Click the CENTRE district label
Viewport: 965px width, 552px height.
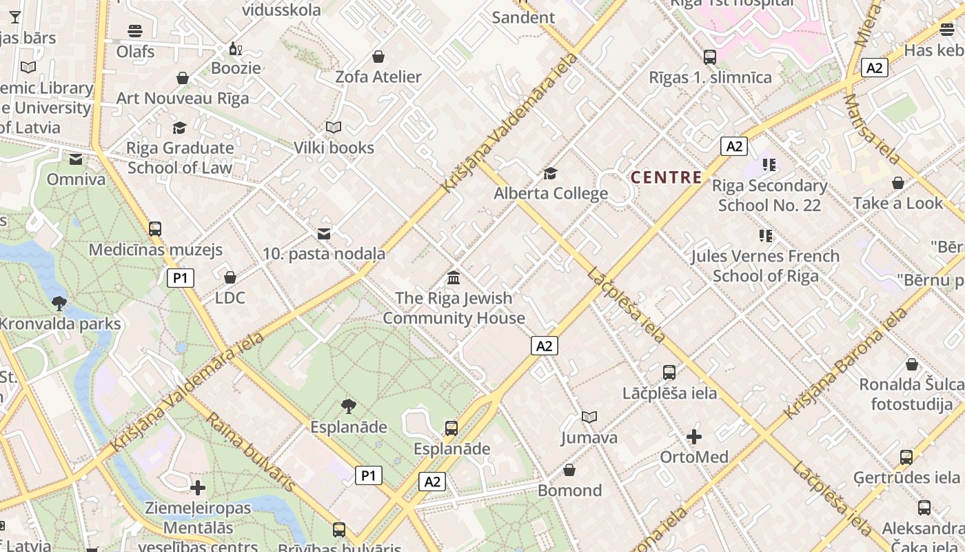(667, 177)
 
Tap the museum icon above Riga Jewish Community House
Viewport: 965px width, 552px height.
(454, 278)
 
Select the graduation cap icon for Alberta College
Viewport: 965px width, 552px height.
(550, 172)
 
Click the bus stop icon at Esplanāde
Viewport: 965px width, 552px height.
(451, 428)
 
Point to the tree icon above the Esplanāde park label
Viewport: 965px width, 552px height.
(349, 406)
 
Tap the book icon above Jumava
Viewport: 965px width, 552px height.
(589, 417)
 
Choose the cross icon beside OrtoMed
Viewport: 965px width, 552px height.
(694, 437)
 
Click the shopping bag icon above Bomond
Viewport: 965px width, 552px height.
(569, 471)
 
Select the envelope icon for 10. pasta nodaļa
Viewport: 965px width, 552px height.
(323, 234)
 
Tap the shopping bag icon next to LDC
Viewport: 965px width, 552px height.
(230, 277)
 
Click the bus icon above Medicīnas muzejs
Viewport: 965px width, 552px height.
(155, 228)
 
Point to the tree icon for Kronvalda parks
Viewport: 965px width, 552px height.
(59, 302)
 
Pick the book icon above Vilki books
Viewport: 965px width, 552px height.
(334, 128)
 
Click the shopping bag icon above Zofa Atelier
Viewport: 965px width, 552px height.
(378, 57)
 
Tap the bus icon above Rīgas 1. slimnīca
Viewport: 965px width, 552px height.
(710, 57)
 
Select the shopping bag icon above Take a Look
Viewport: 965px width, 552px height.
(897, 183)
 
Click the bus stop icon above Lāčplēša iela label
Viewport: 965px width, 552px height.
(669, 373)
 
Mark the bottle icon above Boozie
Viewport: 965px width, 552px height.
(236, 49)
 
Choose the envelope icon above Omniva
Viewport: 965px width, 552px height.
(76, 160)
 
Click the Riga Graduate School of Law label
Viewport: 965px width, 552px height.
(181, 157)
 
